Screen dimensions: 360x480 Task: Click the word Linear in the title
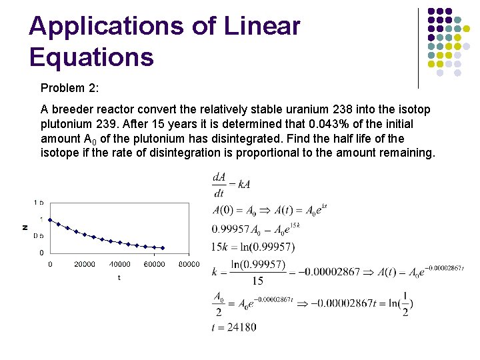click(263, 27)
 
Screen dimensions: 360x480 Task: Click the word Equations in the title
click(91, 57)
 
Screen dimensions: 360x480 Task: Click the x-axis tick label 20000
click(85, 264)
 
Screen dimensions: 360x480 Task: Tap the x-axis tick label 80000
click(189, 264)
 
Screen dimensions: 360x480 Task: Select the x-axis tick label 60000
click(154, 264)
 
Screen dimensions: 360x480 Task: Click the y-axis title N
click(25, 227)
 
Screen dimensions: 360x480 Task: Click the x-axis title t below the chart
click(119, 277)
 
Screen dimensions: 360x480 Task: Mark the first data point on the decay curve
click(50, 220)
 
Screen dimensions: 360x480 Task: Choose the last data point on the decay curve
click(163, 248)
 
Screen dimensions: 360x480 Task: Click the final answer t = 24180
click(234, 327)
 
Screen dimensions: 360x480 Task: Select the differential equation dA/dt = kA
click(231, 185)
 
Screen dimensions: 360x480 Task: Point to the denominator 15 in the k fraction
click(258, 281)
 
